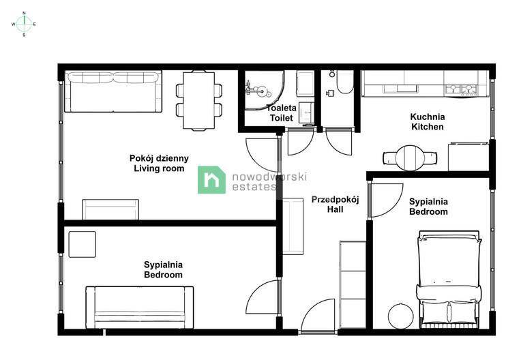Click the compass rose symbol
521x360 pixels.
click(24, 24)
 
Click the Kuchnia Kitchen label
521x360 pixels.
click(428, 121)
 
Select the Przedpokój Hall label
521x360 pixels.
click(335, 205)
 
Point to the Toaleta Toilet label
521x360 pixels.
click(282, 113)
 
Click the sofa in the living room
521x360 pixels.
click(113, 91)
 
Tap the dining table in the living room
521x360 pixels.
click(198, 100)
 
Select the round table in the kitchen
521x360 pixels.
click(410, 157)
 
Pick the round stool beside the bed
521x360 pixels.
click(401, 316)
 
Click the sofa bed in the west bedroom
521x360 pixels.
click(140, 307)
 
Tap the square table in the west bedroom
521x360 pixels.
click(83, 244)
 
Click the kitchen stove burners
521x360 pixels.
click(461, 89)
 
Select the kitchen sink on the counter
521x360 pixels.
click(400, 89)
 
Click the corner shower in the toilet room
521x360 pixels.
click(264, 90)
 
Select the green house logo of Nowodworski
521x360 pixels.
click(211, 180)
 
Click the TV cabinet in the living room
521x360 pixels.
click(110, 209)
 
